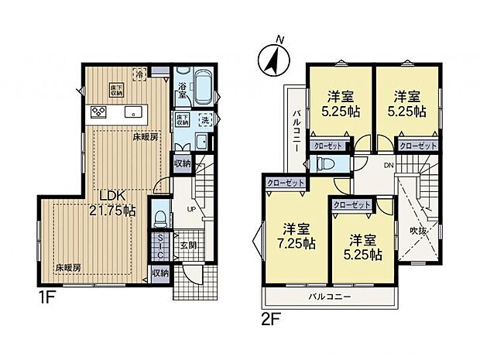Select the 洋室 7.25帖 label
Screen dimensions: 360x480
coord(293,235)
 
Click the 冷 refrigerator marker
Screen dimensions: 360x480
coord(139,75)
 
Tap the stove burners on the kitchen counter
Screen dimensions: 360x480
coord(99,111)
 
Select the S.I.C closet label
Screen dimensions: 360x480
coord(159,246)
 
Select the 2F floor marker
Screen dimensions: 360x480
coord(268,316)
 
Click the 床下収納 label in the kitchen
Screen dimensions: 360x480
coord(114,87)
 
